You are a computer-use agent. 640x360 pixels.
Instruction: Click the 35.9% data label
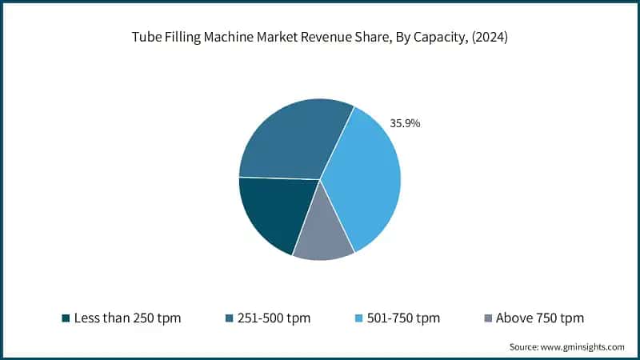[405, 124]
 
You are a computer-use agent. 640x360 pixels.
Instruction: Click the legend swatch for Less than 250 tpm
[66, 318]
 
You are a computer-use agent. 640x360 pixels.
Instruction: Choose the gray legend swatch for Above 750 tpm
[487, 318]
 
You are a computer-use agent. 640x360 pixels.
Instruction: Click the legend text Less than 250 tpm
[127, 318]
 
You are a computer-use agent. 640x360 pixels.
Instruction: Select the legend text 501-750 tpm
[404, 318]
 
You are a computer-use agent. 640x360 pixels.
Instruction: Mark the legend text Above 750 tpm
[540, 318]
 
